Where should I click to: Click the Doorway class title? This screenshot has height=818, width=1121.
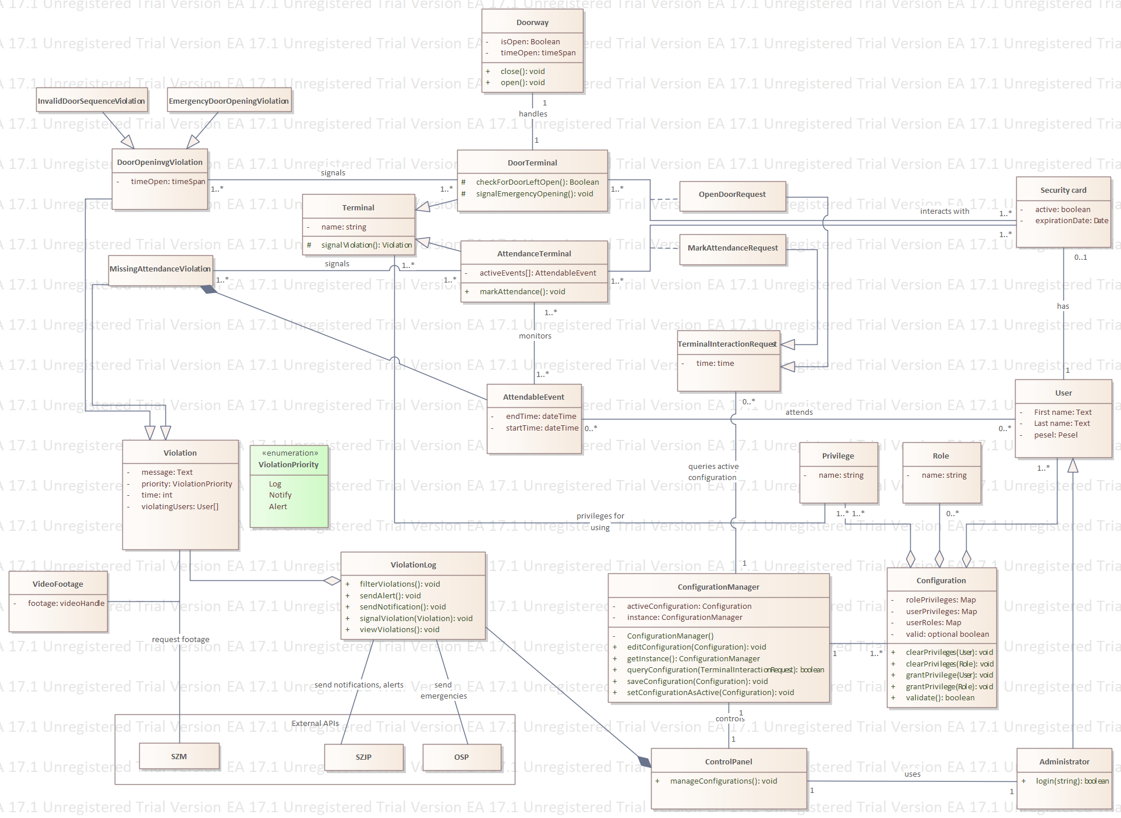(532, 23)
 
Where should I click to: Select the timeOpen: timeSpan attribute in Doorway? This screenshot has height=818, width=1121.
(537, 53)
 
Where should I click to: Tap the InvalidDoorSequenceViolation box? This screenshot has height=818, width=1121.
(91, 101)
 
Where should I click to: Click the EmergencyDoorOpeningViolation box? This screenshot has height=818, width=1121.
(229, 101)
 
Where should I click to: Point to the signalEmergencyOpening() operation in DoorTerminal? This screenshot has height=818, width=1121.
(534, 194)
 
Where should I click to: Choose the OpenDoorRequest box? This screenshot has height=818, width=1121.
(732, 195)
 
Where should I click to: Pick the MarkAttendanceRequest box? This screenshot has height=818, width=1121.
(733, 248)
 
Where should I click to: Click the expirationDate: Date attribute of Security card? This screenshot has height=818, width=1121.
(1071, 221)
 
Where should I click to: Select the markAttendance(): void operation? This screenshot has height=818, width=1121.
(522, 292)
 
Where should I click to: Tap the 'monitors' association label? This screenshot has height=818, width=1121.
(535, 336)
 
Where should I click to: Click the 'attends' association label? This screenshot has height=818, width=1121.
(799, 412)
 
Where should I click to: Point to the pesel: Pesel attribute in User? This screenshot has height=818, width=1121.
(1055, 435)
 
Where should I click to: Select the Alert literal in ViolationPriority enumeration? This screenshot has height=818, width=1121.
(278, 507)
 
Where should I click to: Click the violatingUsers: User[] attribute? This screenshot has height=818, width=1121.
(179, 507)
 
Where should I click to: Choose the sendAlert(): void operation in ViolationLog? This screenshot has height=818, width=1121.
(390, 596)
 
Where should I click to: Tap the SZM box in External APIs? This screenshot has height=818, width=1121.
(179, 757)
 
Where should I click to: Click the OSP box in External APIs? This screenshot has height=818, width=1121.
(461, 757)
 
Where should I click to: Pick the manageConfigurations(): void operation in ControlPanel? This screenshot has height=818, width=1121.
(723, 781)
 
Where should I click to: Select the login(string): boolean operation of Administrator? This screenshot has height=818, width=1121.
(1072, 781)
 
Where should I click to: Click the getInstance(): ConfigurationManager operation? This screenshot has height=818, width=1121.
(693, 659)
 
